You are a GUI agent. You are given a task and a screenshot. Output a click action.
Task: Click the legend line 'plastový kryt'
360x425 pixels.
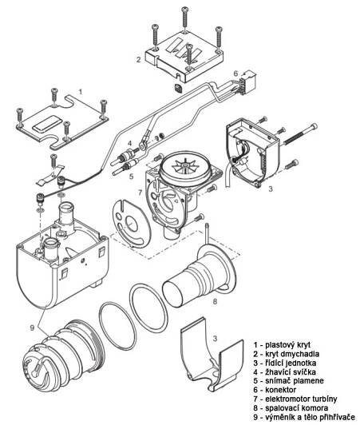282,345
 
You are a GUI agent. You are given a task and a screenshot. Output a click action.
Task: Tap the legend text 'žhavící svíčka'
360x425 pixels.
285,371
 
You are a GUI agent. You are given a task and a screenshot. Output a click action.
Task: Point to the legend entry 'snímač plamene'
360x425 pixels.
288,380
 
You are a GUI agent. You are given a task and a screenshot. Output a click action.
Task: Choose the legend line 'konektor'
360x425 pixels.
275,390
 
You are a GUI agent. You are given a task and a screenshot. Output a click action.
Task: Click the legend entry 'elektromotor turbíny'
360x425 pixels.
295,399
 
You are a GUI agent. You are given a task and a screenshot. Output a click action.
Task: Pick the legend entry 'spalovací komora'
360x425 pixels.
291,407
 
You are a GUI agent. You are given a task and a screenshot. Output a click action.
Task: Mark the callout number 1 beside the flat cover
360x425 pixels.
80,92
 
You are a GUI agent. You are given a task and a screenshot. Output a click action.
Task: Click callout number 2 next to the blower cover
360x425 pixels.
138,59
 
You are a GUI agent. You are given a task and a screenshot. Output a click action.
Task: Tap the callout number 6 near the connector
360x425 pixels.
235,73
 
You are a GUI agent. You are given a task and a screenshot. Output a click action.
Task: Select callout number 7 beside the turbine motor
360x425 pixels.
140,193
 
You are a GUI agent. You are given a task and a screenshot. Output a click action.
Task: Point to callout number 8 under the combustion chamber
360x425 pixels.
215,301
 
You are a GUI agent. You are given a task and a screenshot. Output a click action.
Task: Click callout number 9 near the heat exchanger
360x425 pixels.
32,328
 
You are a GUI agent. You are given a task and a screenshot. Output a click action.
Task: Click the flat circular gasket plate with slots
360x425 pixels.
131,224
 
